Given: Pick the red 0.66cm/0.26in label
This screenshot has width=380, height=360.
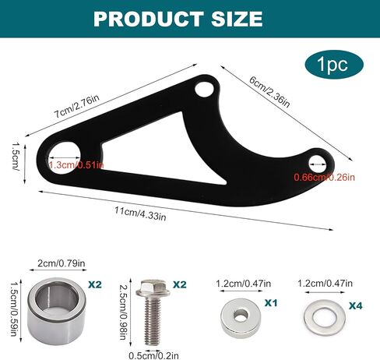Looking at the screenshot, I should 324,178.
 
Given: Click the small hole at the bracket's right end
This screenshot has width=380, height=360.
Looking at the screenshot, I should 318,163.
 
